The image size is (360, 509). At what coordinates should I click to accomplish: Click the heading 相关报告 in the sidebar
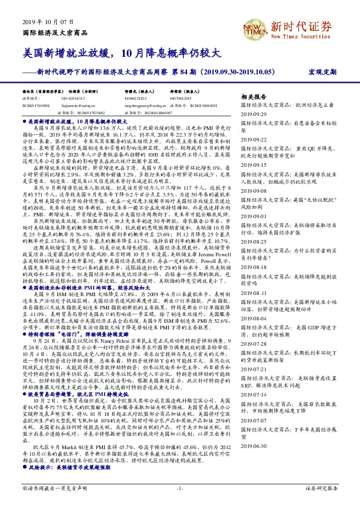(254, 96)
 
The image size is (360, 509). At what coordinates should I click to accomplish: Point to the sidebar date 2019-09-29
(254, 114)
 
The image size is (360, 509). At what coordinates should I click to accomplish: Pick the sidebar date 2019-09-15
(254, 165)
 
